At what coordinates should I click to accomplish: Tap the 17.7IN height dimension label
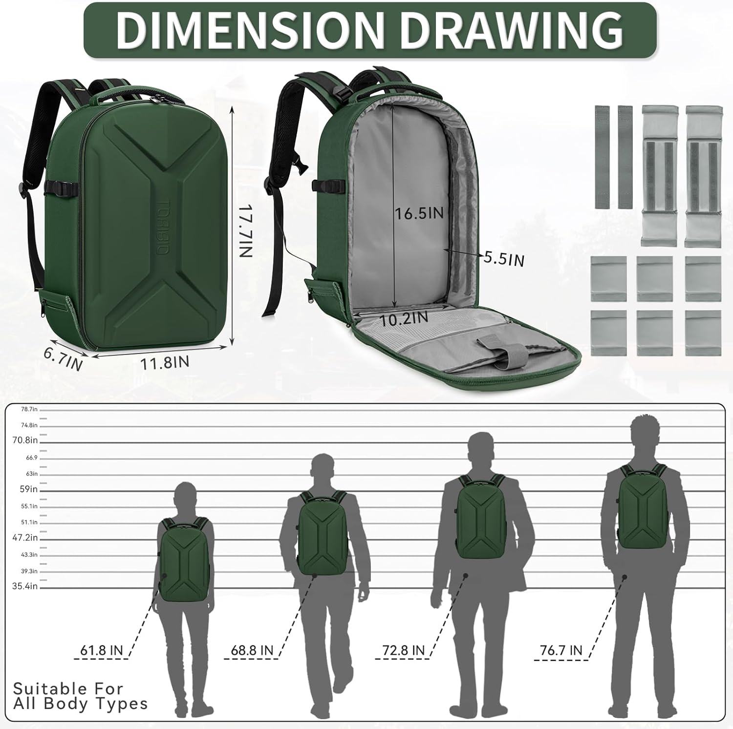245,230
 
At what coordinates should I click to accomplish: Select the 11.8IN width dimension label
165,363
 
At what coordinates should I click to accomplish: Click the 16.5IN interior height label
419,213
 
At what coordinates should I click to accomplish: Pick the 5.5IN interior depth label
504,258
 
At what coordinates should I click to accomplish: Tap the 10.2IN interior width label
404,319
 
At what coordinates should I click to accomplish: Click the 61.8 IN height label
102,650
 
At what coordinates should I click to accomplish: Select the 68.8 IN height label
252,650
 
